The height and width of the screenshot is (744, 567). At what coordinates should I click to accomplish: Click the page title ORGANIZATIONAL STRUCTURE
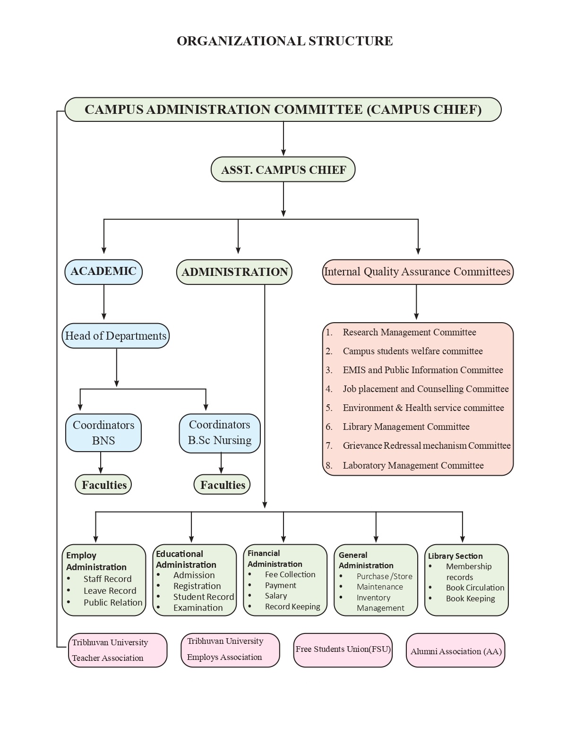tap(284, 41)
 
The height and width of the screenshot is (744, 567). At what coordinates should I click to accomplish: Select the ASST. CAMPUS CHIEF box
tap(283, 170)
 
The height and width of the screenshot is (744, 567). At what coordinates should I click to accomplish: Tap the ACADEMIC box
tap(103, 272)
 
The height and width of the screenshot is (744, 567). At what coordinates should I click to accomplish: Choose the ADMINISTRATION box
tap(234, 272)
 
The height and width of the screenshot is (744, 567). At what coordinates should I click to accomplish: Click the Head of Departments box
tap(116, 336)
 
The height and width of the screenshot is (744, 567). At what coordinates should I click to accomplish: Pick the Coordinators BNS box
tap(103, 433)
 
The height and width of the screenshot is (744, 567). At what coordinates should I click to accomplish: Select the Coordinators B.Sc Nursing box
tap(220, 433)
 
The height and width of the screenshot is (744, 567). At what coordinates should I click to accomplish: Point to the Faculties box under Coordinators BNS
tap(103, 485)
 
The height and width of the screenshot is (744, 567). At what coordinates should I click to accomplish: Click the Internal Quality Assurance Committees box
tap(417, 272)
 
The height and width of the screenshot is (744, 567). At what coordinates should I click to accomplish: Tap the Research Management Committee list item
tap(409, 333)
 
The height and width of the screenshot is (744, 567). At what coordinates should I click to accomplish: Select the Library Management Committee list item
tap(406, 427)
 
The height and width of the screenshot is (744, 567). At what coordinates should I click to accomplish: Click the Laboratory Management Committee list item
tap(413, 466)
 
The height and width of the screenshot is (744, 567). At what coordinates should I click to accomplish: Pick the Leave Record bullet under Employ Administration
tap(110, 591)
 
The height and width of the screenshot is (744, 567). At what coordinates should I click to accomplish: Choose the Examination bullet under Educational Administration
tap(198, 608)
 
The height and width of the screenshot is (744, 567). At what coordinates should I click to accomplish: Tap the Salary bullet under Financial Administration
tap(276, 596)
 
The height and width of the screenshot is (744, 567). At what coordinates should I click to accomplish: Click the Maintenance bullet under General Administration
tap(380, 587)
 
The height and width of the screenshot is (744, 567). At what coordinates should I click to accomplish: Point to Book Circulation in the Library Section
tap(475, 588)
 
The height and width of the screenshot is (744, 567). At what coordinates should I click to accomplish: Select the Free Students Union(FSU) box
tap(343, 650)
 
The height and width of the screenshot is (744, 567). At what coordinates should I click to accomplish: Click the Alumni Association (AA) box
tap(456, 651)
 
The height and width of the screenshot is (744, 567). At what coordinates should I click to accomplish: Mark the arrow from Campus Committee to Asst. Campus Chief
tap(283, 139)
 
